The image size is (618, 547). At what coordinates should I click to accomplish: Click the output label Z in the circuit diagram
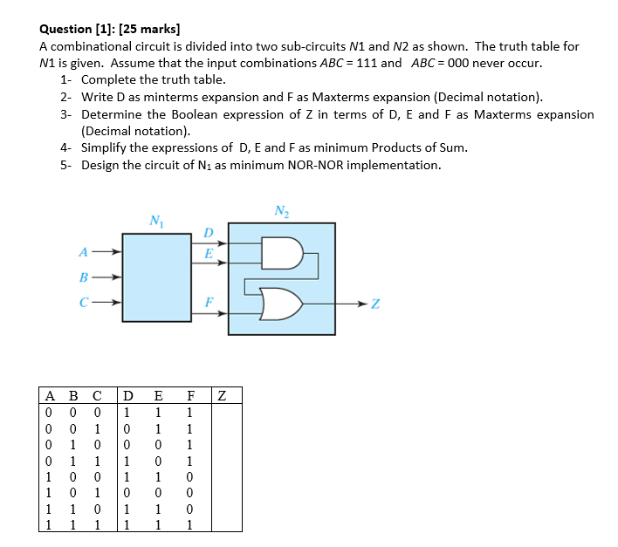pos(375,304)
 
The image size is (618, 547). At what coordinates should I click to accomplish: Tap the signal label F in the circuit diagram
pos(208,301)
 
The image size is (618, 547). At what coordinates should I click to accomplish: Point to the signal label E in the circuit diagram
pos(208,252)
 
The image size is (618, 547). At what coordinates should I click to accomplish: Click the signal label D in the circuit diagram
pos(208,232)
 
